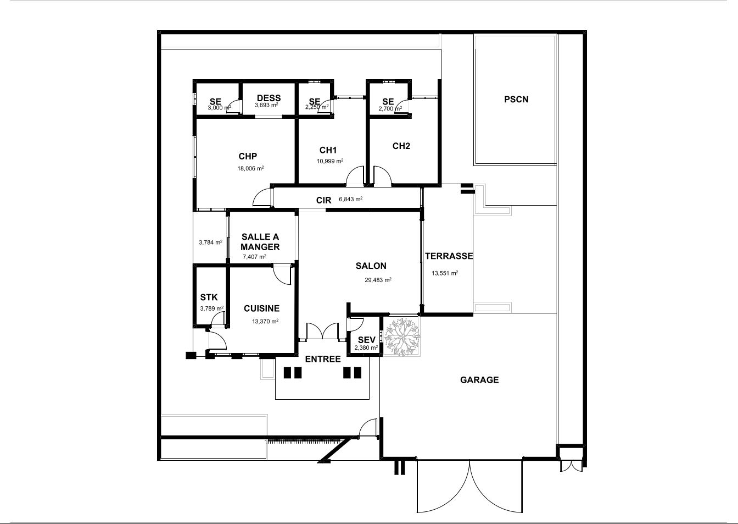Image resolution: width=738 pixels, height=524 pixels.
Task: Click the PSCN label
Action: [516, 100]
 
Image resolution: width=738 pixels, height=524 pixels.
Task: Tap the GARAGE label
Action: [479, 380]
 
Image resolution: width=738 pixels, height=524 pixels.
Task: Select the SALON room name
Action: [371, 266]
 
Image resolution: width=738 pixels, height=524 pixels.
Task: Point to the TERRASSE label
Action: [449, 256]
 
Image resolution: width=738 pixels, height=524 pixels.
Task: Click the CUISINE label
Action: [261, 308]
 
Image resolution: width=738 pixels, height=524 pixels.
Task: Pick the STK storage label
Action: [209, 297]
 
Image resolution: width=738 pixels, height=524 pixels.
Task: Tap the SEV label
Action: [366, 340]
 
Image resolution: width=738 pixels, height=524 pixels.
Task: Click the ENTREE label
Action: [323, 359]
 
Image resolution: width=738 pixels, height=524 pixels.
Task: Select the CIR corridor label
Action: [323, 200]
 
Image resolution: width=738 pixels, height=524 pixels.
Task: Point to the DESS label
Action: [269, 98]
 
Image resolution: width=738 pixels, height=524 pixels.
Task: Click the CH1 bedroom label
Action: [328, 150]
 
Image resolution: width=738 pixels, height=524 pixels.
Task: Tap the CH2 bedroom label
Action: [401, 146]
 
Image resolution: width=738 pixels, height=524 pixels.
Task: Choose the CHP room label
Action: [248, 156]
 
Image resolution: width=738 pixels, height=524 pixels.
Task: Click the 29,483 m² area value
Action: [378, 280]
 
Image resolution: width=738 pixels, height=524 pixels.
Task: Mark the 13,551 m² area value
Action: [445, 273]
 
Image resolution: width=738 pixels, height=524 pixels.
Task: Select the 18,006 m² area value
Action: [250, 169]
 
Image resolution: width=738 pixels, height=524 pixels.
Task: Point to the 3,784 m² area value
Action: [210, 242]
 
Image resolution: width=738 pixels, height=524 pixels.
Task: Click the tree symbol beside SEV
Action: [401, 337]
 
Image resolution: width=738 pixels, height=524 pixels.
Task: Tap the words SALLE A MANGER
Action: [260, 242]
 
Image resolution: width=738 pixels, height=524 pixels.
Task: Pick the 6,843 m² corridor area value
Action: [350, 199]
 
